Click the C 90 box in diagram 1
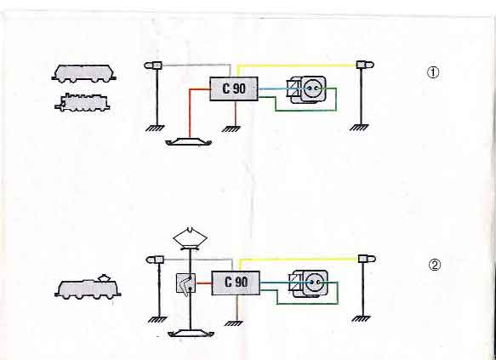coord(234,89)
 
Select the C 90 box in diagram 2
coord(236,283)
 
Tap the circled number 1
coord(433,72)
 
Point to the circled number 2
coord(434,265)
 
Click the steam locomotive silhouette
coord(83,102)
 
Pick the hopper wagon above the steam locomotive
coord(84,74)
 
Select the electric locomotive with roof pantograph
coord(88,288)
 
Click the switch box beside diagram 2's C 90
coord(185,283)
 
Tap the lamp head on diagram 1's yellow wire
coord(365,65)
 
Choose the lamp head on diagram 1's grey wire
coord(153,66)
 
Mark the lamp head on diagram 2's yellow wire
coord(367,259)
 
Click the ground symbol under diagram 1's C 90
coord(231,129)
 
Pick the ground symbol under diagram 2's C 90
coord(233,323)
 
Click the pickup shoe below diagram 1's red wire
coord(189,142)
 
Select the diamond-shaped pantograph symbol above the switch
coord(190,238)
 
